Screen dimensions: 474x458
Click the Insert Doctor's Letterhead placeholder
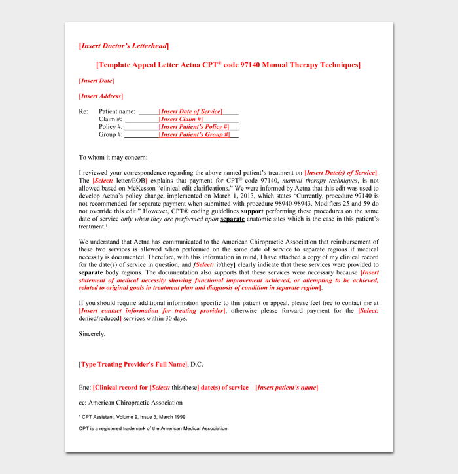click(x=124, y=46)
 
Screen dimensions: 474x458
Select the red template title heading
click(x=228, y=65)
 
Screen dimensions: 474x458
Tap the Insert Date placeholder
click(x=96, y=81)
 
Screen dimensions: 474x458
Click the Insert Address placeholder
click(x=101, y=96)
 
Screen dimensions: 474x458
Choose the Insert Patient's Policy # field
click(x=194, y=127)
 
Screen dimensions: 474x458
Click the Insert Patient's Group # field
click(x=194, y=135)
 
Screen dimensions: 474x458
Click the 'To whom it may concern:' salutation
click(x=113, y=158)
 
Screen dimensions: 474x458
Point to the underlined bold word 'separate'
click(x=232, y=219)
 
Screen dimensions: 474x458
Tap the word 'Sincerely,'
click(x=92, y=333)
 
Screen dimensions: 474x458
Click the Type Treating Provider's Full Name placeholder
click(x=133, y=364)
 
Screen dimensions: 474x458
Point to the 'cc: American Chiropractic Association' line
click(x=131, y=403)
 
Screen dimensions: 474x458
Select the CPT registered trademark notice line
click(x=154, y=428)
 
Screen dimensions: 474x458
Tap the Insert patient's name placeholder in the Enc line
click(x=287, y=388)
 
